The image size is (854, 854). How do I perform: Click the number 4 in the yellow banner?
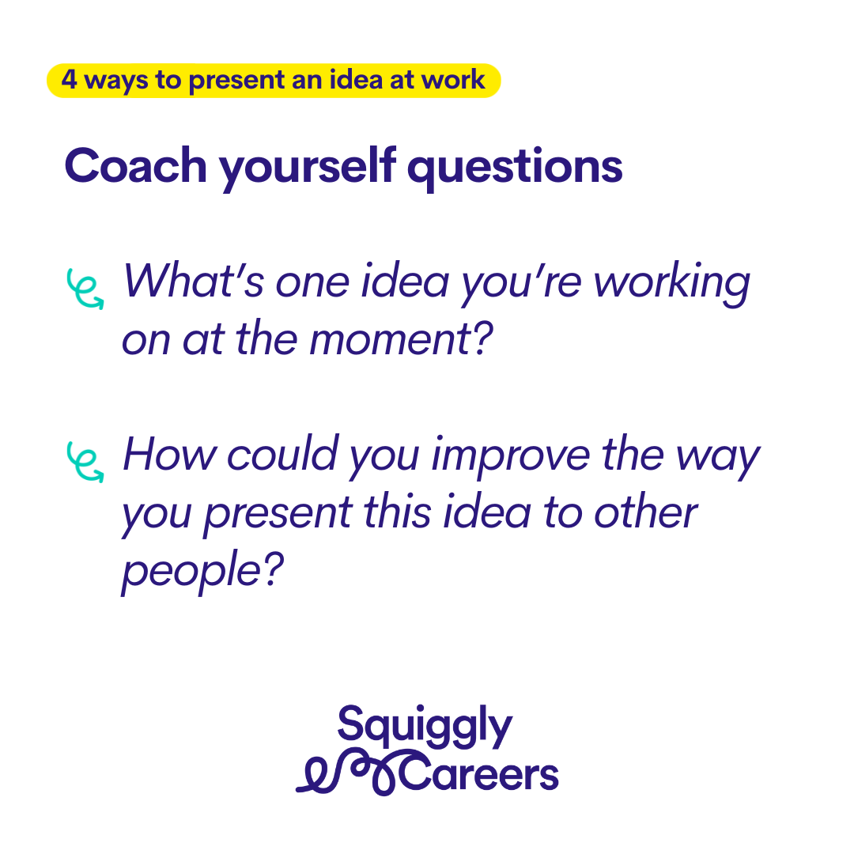click(x=69, y=80)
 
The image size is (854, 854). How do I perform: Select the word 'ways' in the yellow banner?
click(x=116, y=82)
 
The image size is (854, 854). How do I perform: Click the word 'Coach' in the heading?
click(x=136, y=165)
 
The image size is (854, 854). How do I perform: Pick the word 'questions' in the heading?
click(x=515, y=169)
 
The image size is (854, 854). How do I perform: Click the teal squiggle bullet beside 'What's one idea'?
click(x=85, y=289)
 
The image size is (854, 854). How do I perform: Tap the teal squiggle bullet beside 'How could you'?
click(x=85, y=462)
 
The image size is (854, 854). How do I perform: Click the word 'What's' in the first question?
click(x=194, y=281)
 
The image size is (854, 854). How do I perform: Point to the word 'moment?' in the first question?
click(x=401, y=338)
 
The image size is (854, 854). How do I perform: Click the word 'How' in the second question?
click(x=169, y=453)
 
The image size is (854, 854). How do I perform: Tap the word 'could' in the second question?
click(x=282, y=453)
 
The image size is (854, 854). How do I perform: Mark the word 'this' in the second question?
click(x=397, y=511)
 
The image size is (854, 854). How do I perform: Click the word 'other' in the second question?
click(x=645, y=511)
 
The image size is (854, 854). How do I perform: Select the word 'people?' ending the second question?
click(x=202, y=572)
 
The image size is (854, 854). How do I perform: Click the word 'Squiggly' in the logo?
click(x=425, y=725)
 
